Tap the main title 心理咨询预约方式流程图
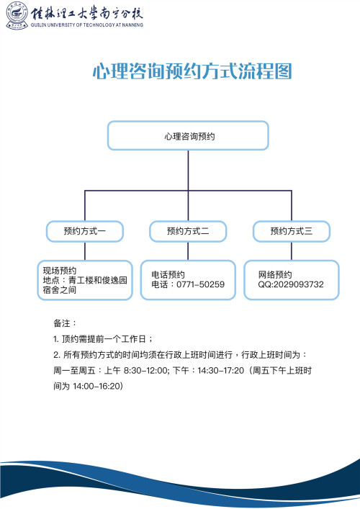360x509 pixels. pyautogui.click(x=192, y=71)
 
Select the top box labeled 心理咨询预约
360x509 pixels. pyautogui.click(x=188, y=135)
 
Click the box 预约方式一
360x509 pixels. pyautogui.click(x=85, y=231)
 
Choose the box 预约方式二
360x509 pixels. pyautogui.click(x=188, y=231)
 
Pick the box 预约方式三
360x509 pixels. pyautogui.click(x=292, y=231)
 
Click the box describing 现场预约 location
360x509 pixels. pyautogui.click(x=85, y=280)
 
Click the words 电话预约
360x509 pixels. pyautogui.click(x=168, y=274)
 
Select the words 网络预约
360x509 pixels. pyautogui.click(x=275, y=274)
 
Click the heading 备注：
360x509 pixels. pyautogui.click(x=65, y=323)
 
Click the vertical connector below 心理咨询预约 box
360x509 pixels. pyautogui.click(x=188, y=169)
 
